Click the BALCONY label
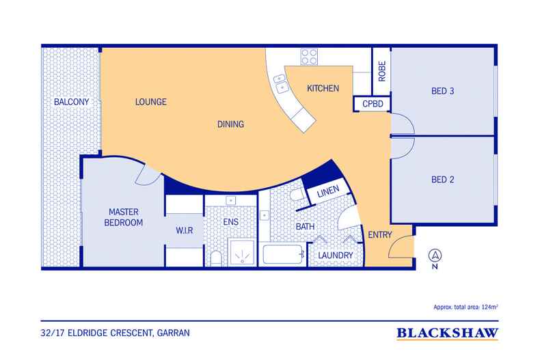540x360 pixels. click(71, 102)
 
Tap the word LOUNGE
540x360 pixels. click(151, 102)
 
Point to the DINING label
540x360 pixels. click(230, 124)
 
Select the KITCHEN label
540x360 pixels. click(323, 88)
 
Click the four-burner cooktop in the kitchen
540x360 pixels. click(309, 57)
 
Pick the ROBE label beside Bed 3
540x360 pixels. click(382, 71)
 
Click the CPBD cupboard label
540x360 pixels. click(373, 104)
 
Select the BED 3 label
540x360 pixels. click(442, 92)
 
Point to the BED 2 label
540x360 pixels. click(442, 180)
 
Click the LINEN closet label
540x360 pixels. click(328, 191)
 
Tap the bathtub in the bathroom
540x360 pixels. click(283, 254)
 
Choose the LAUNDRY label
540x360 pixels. click(335, 255)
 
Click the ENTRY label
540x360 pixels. click(380, 235)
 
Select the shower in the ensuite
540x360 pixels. click(243, 253)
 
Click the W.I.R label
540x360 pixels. click(185, 231)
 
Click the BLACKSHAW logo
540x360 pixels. click(447, 333)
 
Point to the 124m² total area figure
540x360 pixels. click(490, 307)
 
